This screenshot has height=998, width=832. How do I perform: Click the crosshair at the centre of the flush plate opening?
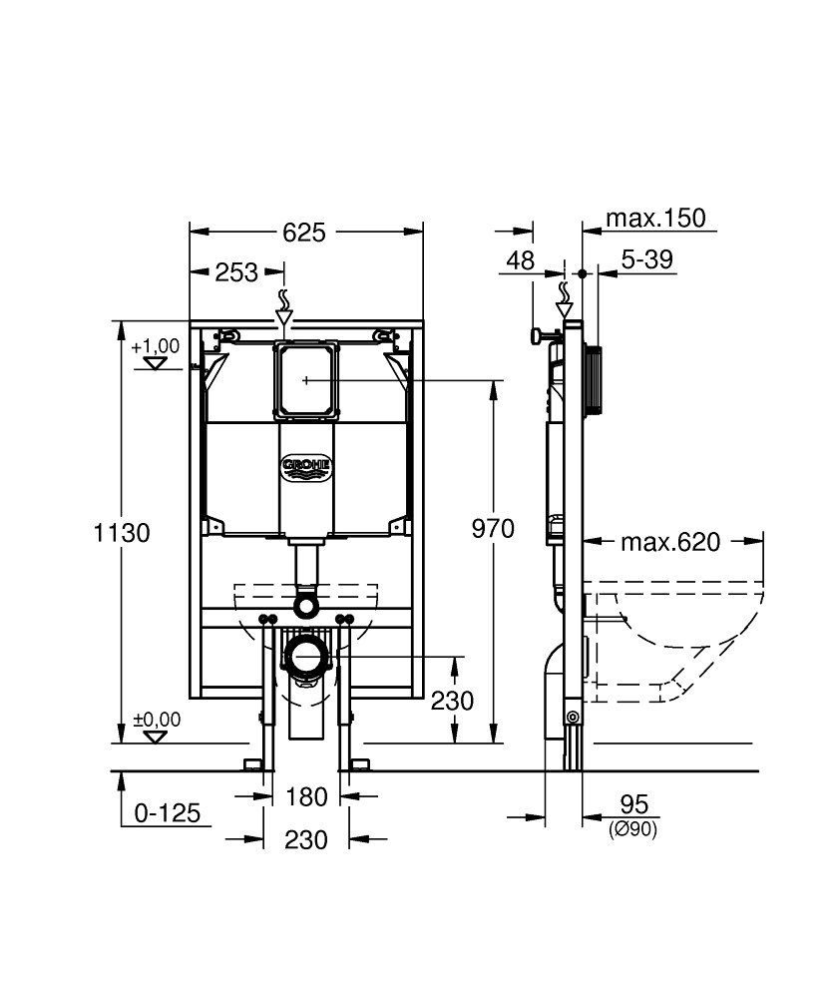[x=306, y=380]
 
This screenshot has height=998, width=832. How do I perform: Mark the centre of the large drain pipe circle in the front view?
[x=306, y=657]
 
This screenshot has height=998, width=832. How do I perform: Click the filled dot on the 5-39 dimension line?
[x=582, y=273]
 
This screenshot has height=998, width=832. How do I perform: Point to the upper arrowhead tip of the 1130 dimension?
[x=121, y=320]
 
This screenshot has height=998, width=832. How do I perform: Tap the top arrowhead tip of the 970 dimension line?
[x=493, y=380]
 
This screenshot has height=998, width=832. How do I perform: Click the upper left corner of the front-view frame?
[x=190, y=320]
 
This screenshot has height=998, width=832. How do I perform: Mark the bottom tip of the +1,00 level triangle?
[x=155, y=369]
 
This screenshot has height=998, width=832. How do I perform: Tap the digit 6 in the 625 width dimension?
[x=289, y=233]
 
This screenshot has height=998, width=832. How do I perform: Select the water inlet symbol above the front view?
[x=283, y=308]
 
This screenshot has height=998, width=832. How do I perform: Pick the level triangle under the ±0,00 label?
[x=155, y=738]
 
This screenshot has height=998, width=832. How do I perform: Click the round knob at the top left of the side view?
[x=537, y=335]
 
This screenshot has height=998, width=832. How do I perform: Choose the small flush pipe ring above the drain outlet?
[x=306, y=605]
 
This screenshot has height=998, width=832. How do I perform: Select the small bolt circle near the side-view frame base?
[x=573, y=718]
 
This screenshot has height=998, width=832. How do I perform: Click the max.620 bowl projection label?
[x=670, y=542]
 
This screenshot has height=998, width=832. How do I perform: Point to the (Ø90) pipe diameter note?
[x=632, y=829]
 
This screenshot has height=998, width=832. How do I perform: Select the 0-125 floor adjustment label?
[x=168, y=812]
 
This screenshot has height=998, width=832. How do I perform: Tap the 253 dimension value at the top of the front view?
[x=236, y=272]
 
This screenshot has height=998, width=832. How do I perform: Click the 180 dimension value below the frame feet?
[x=306, y=796]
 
